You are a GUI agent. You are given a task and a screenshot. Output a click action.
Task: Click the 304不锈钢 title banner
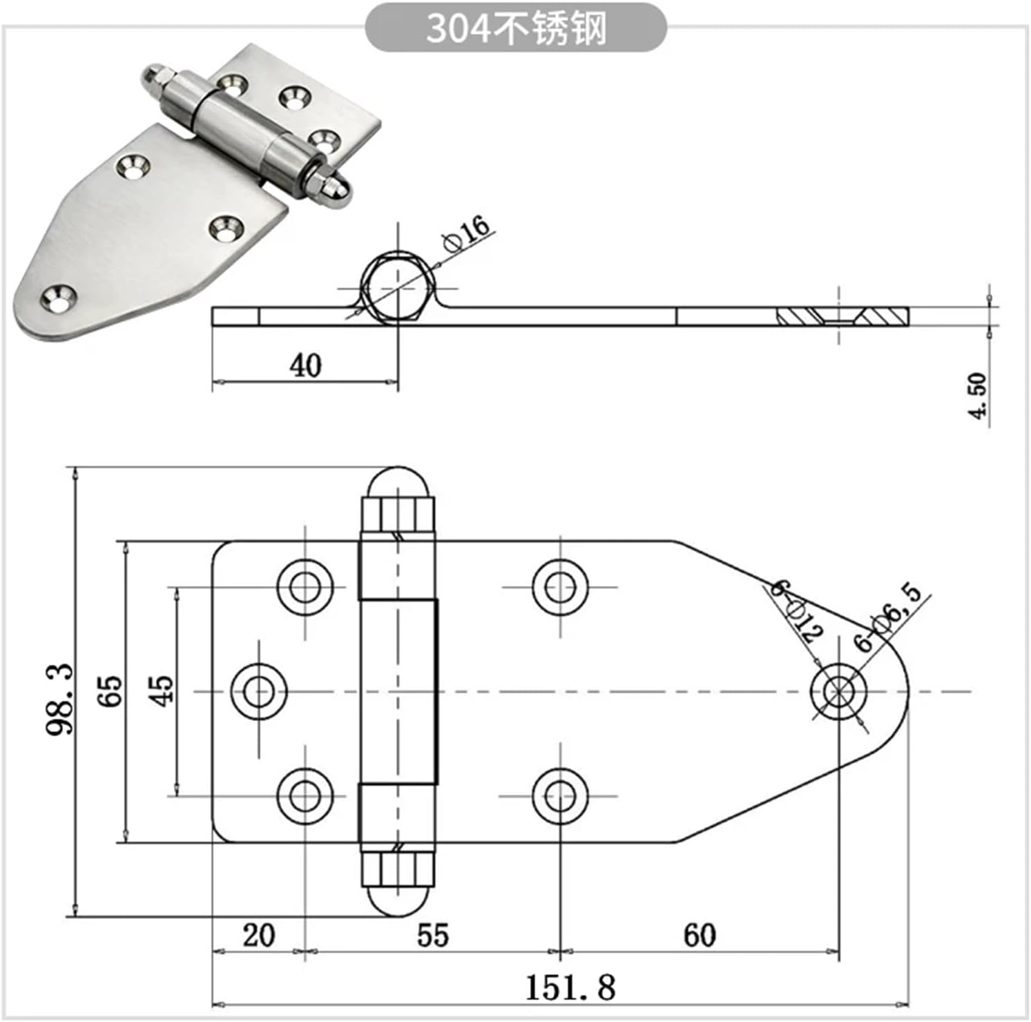pyautogui.click(x=515, y=28)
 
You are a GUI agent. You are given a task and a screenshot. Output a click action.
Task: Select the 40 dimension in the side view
pyautogui.click(x=305, y=365)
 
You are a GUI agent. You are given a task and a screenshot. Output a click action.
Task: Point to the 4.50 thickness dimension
pyautogui.click(x=978, y=395)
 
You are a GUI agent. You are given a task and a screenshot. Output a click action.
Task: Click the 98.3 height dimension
pyautogui.click(x=60, y=699)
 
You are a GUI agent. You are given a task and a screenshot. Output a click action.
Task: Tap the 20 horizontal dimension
pyautogui.click(x=258, y=935)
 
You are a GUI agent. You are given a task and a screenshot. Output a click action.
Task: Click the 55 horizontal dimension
pyautogui.click(x=432, y=935)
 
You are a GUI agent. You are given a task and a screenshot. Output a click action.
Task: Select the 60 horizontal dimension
pyautogui.click(x=699, y=935)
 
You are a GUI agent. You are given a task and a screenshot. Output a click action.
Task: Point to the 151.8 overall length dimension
pyautogui.click(x=570, y=987)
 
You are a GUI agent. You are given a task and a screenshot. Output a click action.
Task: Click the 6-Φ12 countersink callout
pyautogui.click(x=796, y=610)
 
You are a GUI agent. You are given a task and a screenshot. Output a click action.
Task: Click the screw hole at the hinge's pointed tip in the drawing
pyautogui.click(x=838, y=691)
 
